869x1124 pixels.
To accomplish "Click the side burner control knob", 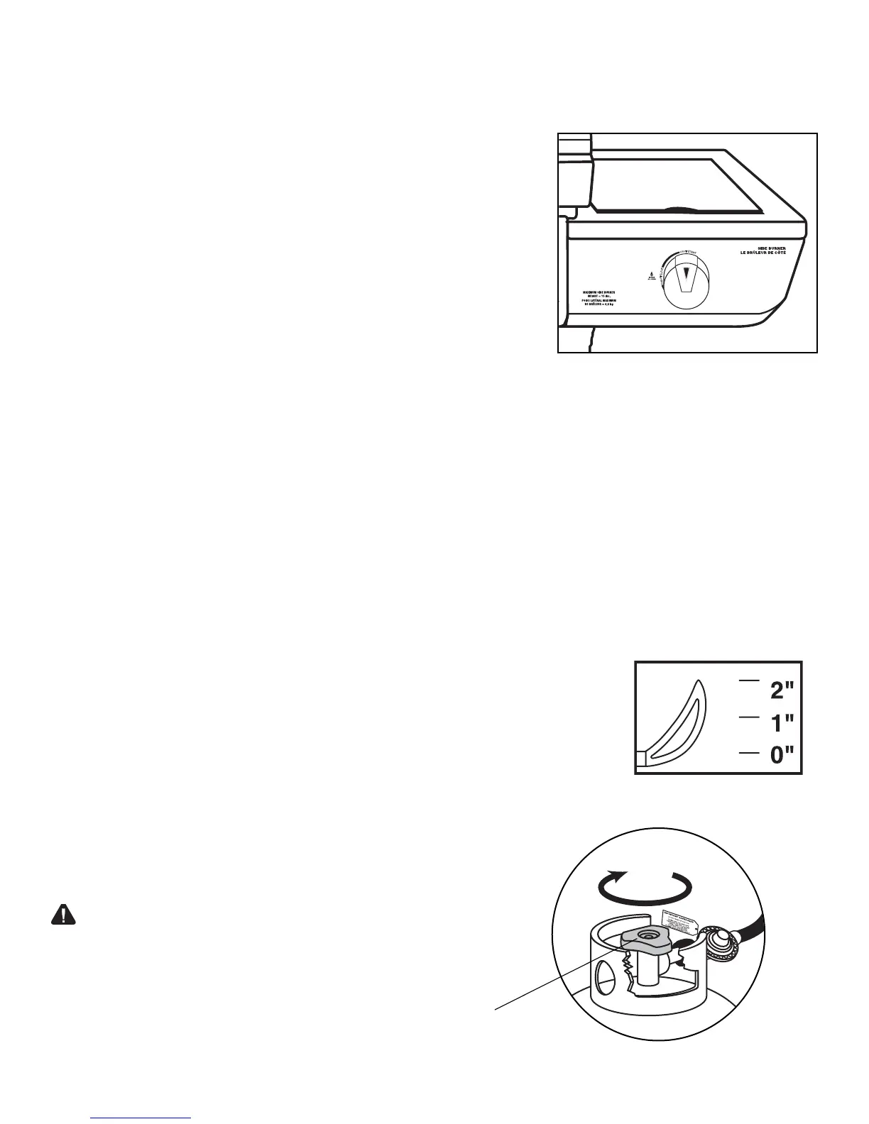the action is tap(685, 280).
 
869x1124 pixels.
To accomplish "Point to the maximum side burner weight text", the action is tap(599, 297).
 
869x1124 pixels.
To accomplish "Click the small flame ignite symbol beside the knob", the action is tap(650, 273).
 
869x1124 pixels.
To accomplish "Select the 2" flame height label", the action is tap(780, 689).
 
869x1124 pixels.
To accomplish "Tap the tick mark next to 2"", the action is tap(748, 681).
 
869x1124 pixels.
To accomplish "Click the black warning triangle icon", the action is tap(62, 915).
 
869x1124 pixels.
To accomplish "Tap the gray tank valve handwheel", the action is tap(646, 940).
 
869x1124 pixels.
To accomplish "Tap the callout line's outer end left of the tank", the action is tap(496, 1006).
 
